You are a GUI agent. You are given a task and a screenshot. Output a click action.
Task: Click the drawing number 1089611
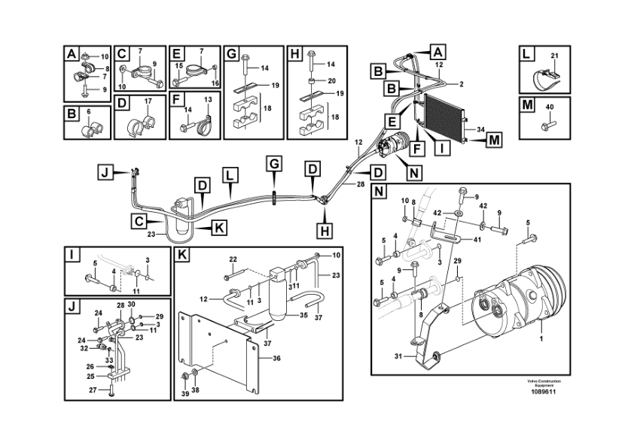(544, 392)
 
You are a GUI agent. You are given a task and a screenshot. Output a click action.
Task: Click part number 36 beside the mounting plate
(276, 359)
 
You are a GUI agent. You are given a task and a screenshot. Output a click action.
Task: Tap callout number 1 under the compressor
(541, 338)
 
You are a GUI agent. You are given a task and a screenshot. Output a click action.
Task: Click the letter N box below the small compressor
(413, 173)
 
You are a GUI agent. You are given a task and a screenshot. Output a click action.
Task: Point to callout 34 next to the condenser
(480, 129)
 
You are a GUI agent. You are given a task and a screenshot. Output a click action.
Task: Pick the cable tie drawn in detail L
(545, 80)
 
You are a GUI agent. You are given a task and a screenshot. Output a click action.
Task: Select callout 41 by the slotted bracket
(478, 239)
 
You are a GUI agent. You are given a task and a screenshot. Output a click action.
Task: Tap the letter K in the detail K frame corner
(182, 255)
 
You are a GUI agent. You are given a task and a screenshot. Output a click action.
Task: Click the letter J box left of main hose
(105, 173)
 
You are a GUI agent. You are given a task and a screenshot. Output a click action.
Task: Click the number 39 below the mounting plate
(185, 394)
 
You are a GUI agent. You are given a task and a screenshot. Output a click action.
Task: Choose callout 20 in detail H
(331, 81)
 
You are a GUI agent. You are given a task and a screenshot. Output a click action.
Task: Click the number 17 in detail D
(148, 101)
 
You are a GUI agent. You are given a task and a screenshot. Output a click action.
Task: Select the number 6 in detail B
(89, 111)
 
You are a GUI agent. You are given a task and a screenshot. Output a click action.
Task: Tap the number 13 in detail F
(208, 99)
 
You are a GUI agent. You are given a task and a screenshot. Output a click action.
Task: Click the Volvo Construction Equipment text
(544, 383)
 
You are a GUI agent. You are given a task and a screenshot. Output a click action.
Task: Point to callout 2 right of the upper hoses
(462, 84)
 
